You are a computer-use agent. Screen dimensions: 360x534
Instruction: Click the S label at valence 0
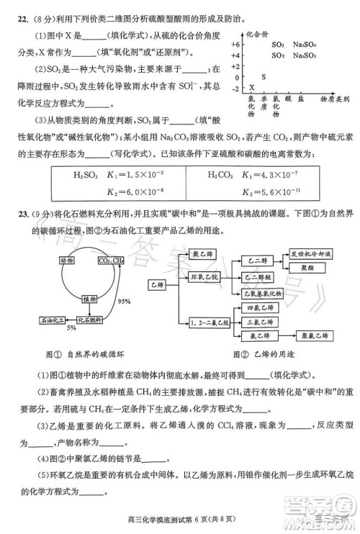[263, 76]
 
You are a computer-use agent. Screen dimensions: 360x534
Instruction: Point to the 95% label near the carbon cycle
[125, 301]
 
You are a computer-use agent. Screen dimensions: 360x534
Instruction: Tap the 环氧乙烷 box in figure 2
[204, 276]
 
